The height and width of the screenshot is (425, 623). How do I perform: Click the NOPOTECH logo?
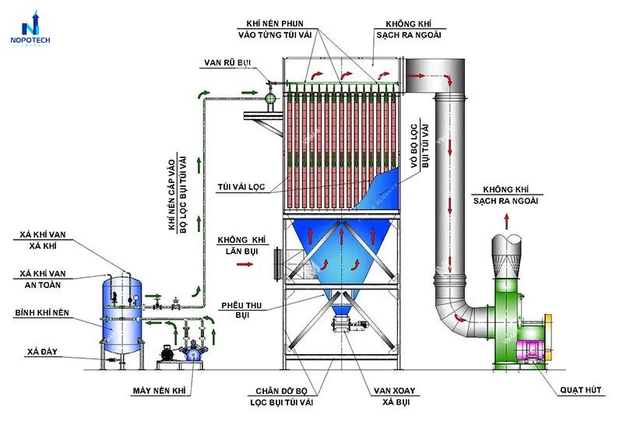pos(30,28)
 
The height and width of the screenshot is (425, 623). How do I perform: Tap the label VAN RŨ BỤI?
pos(227,63)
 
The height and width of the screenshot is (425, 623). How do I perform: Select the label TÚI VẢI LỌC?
pos(241,187)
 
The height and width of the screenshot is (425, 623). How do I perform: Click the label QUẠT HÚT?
pos(580,390)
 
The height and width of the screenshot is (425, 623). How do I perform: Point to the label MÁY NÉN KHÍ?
pos(160,391)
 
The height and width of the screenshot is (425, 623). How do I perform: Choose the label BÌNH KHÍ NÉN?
pos(42,313)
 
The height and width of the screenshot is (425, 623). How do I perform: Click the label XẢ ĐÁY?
pos(42,352)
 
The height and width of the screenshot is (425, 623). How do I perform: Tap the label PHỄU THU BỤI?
pos(241,311)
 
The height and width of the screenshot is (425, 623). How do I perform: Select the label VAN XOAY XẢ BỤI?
pos(395,396)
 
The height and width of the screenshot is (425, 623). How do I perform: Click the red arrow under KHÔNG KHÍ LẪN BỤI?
pos(245,264)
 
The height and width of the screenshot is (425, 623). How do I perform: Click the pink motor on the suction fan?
pos(530,351)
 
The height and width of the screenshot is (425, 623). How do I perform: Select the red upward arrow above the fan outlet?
pos(507,221)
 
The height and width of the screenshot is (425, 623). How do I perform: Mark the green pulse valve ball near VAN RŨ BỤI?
pos(270,97)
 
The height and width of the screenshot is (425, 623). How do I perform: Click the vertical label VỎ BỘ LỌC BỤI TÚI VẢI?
pos(420,146)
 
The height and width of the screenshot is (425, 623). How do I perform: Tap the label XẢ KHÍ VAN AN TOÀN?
pos(43,279)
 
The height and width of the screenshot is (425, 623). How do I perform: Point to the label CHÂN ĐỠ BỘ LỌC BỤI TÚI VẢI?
pos(282,396)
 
